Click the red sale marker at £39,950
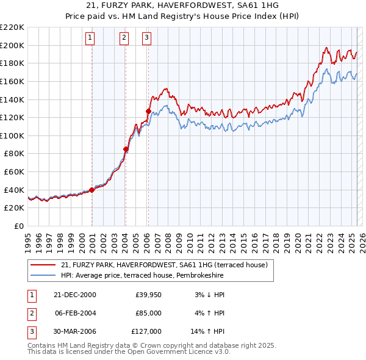[91, 190]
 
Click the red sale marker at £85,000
[126, 149]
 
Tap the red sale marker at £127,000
[148, 111]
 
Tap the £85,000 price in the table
[148, 313]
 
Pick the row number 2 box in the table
[30, 313]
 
